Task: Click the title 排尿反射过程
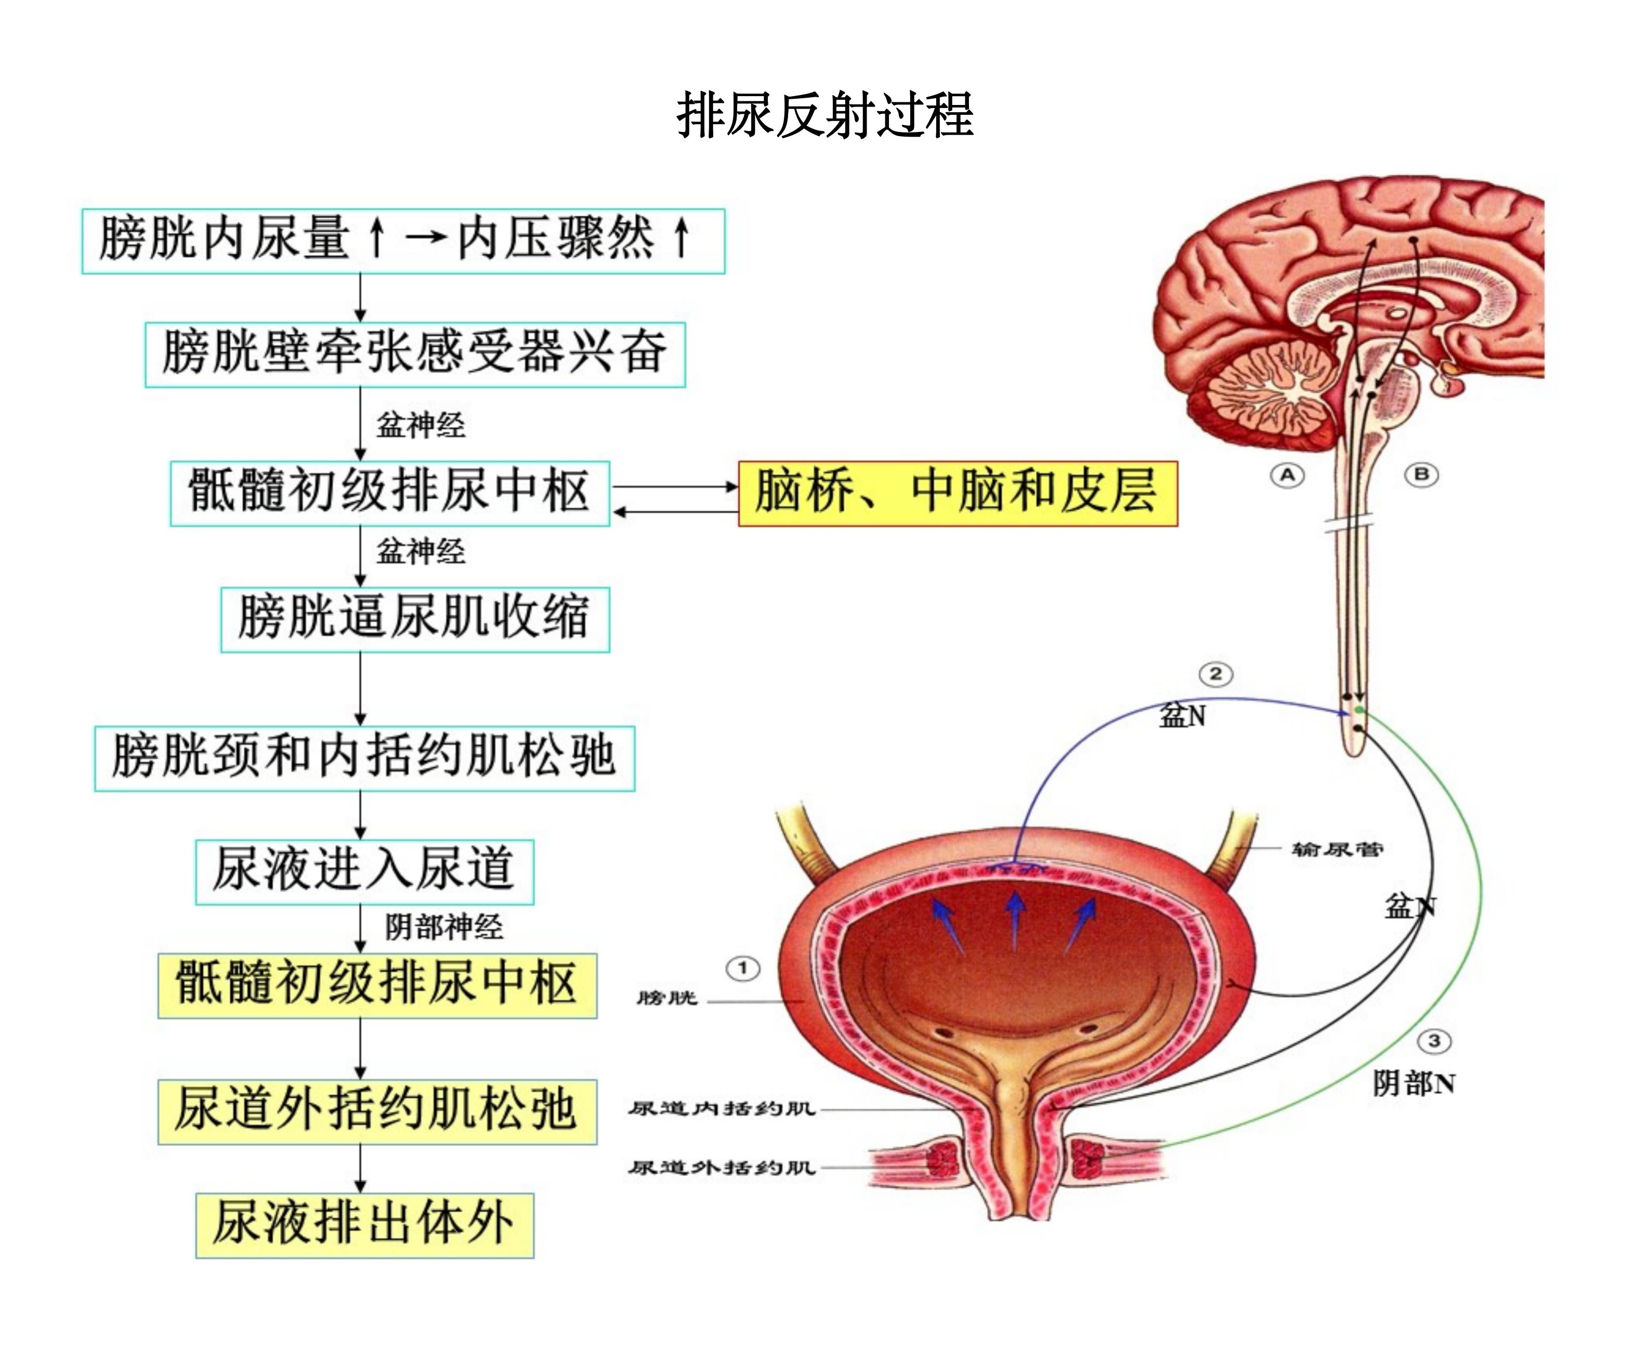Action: pos(824,115)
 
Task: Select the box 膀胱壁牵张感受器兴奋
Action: pos(415,354)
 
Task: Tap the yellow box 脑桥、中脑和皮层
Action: pos(957,493)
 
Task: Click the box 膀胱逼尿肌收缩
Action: pos(415,619)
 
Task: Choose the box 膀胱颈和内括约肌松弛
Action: pos(364,758)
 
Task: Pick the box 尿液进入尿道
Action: pos(364,871)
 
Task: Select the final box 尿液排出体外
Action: pos(364,1225)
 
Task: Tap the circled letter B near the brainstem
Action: pos(1421,474)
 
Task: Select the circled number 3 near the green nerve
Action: pos(1434,1040)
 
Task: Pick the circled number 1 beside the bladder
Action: pos(743,968)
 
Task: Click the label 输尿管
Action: pos(1337,849)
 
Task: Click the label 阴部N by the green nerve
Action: pos(1413,1083)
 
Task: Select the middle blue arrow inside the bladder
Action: pos(1014,918)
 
